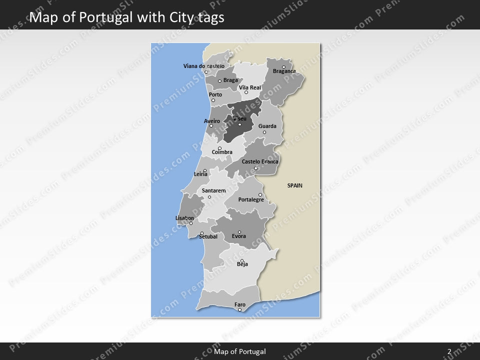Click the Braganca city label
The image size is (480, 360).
[x=284, y=71]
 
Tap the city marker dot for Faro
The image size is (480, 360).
[x=240, y=310]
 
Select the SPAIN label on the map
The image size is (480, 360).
[x=294, y=185]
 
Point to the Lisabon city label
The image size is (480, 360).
[x=184, y=218]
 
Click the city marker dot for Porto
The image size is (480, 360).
[x=213, y=100]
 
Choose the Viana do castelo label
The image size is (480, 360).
[x=203, y=66]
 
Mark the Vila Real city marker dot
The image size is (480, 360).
[x=246, y=92]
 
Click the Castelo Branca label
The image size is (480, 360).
[x=260, y=161]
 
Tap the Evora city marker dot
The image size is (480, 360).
[x=239, y=232]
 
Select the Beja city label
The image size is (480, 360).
[x=242, y=264]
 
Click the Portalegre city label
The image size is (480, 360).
[x=251, y=199]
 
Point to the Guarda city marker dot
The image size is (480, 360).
[x=264, y=132]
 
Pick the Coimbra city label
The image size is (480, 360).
[x=222, y=152]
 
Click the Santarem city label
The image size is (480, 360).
[x=213, y=190]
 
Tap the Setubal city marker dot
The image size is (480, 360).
[x=201, y=233]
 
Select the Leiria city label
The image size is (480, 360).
[x=200, y=174]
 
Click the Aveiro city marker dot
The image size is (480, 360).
[x=211, y=126]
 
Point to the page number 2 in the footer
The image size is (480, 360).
[x=449, y=351]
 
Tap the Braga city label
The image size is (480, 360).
[x=230, y=80]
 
